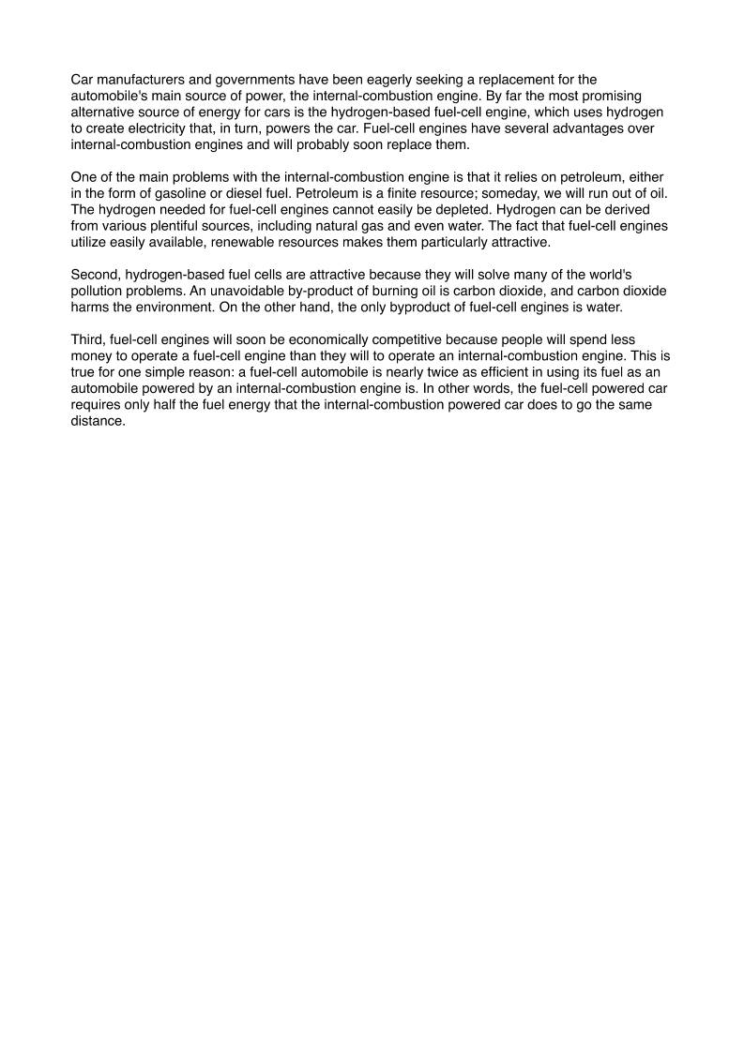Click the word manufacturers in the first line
coord(138,80)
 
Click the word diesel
coord(247,193)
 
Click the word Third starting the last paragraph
coord(87,338)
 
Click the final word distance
coord(98,420)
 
